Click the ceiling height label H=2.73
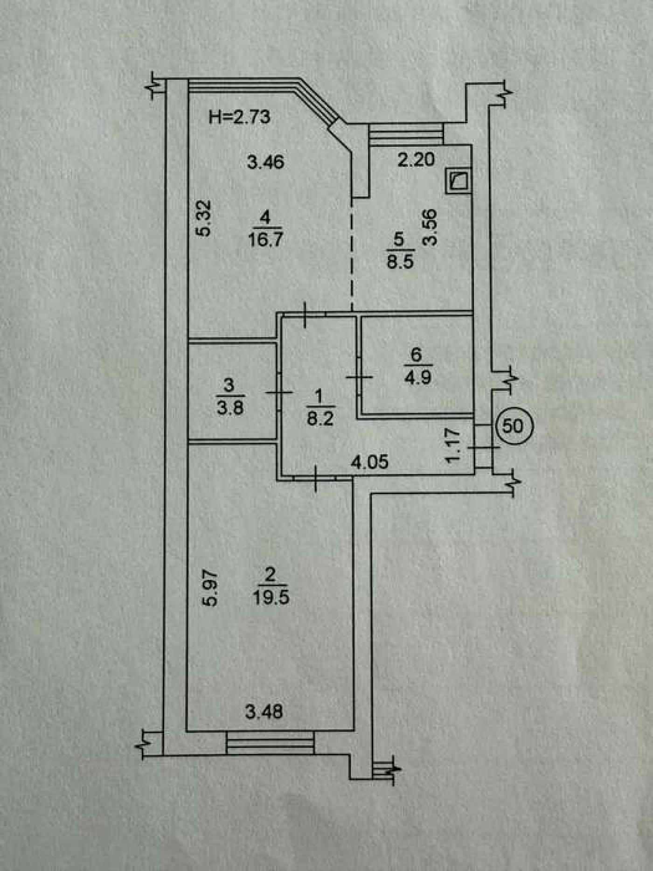pyautogui.click(x=239, y=117)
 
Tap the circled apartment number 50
pyautogui.click(x=513, y=426)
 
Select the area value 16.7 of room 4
pyautogui.click(x=265, y=240)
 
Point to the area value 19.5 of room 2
pyautogui.click(x=271, y=598)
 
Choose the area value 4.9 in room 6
pyautogui.click(x=418, y=377)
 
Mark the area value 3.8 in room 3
pyautogui.click(x=230, y=408)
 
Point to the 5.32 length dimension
pyautogui.click(x=204, y=218)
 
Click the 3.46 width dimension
pyautogui.click(x=265, y=162)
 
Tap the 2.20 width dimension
pyautogui.click(x=416, y=160)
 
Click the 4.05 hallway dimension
pyautogui.click(x=369, y=462)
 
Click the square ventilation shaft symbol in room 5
pyautogui.click(x=458, y=181)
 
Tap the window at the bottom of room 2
pyautogui.click(x=270, y=743)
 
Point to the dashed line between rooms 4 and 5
pyautogui.click(x=352, y=254)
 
